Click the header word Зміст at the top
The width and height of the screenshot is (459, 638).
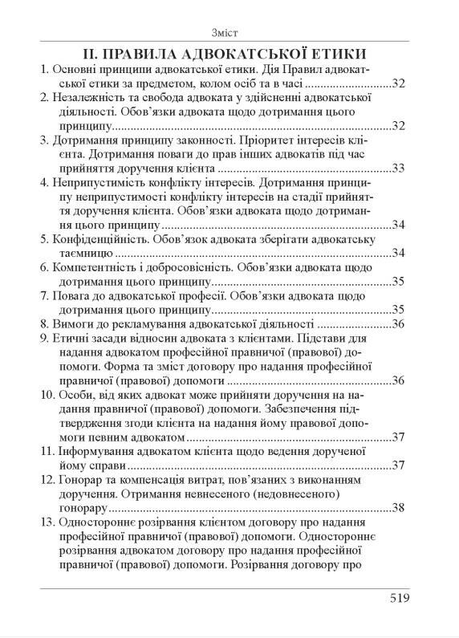(x=229, y=33)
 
